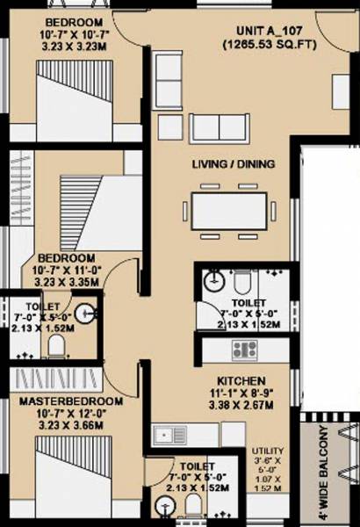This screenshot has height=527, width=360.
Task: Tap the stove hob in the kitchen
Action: coord(243,350)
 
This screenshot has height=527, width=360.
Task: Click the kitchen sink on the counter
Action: coord(164,432)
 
